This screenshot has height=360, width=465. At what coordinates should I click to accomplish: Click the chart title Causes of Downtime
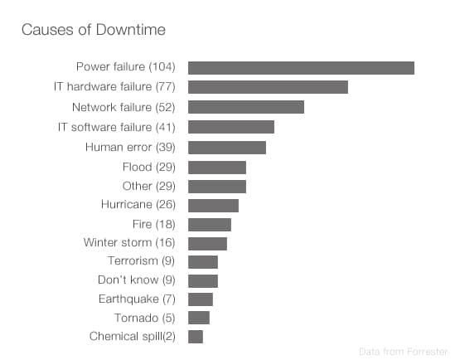[93, 30]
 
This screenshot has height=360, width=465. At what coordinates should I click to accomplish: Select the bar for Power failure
[301, 67]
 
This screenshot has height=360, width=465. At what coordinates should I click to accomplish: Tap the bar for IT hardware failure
[268, 87]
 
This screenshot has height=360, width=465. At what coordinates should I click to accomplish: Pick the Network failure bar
[246, 107]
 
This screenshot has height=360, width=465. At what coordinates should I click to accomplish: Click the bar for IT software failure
[231, 127]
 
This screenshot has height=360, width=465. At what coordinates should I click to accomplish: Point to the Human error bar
[227, 147]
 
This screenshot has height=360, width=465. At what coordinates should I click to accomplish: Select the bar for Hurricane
[213, 205]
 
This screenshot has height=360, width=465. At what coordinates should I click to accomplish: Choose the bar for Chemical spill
[196, 336]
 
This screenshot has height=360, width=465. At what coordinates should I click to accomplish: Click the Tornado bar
[199, 317]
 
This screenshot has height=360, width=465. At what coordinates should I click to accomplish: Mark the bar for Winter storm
[207, 243]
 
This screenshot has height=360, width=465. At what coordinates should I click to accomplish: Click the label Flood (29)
[148, 167]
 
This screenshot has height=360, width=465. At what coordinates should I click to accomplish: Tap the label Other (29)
[148, 186]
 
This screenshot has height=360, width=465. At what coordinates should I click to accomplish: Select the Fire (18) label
[153, 224]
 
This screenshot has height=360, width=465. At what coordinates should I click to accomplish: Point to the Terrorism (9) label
[141, 261]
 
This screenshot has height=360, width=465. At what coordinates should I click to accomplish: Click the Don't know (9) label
[136, 280]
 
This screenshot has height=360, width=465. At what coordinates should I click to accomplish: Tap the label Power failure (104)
[125, 66]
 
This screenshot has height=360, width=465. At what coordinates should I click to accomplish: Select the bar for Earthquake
[201, 299]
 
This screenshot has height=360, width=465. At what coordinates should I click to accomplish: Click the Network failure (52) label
[124, 107]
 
